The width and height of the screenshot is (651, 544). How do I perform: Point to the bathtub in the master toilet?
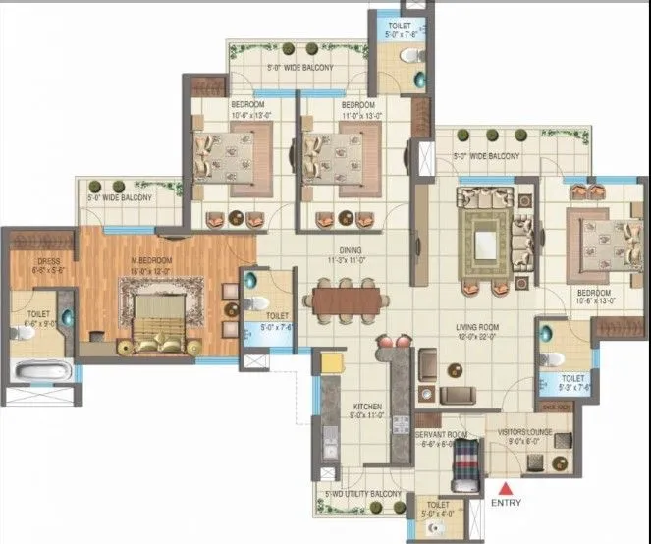click(x=38, y=371)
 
